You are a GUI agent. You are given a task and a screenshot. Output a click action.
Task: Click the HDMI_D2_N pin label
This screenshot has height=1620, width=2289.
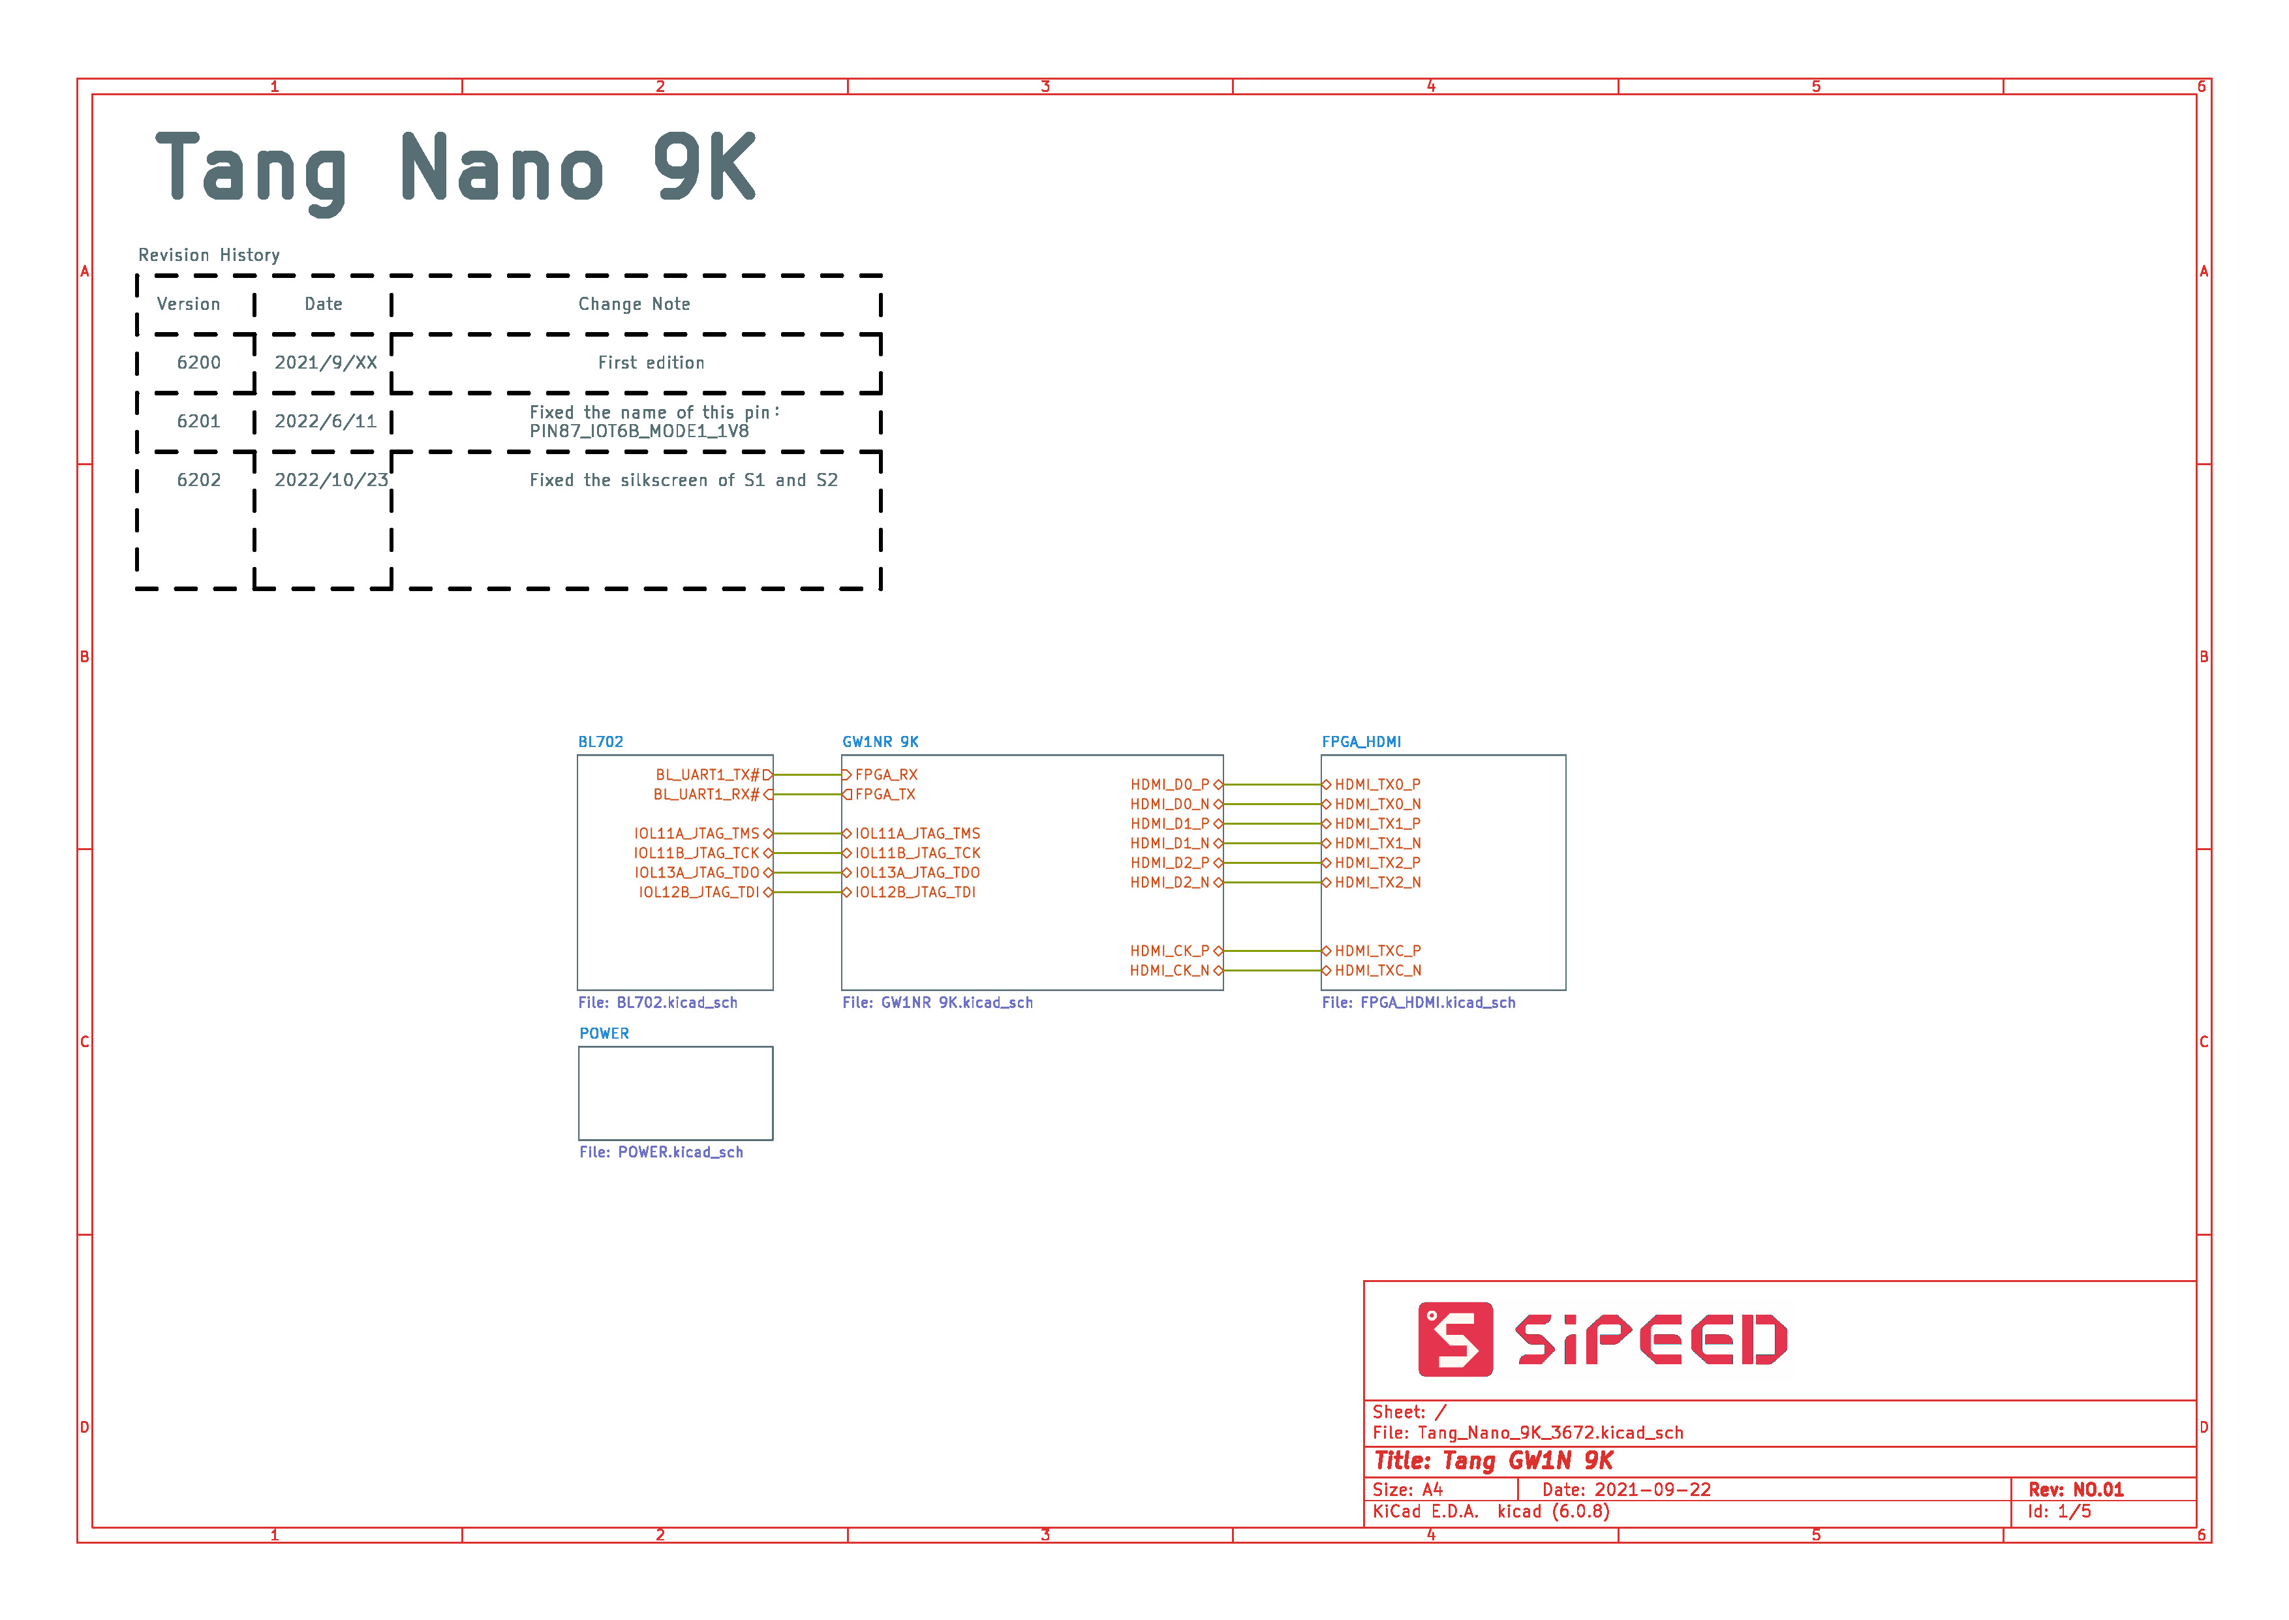pos(1169,883)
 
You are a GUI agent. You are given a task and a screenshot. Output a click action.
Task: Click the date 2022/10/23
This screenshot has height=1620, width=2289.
pos(331,481)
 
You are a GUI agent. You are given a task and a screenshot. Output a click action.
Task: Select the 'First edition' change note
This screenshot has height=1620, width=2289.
pos(651,363)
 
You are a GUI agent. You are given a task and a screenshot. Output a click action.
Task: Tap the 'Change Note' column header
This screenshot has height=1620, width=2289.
pos(634,304)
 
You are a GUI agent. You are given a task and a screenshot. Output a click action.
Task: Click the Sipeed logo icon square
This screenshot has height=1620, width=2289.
pos(1455,1339)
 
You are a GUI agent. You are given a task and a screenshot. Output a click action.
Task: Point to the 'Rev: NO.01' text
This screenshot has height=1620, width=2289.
pos(2076,1490)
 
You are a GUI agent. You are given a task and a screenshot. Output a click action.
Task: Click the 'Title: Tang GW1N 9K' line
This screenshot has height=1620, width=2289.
pos(1493,1461)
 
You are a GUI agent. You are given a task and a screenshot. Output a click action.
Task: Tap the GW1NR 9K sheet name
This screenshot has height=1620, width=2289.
pos(881,742)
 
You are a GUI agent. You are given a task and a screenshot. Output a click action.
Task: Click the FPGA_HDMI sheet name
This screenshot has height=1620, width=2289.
pos(1361,742)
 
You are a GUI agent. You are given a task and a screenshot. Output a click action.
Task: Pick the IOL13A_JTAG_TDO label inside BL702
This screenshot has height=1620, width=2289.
pos(697,873)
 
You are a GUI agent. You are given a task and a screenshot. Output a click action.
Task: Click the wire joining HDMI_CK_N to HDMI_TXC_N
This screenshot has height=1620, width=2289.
pos(1272,971)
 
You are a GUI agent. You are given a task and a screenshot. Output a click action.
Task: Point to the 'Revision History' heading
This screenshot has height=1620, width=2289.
pos(208,255)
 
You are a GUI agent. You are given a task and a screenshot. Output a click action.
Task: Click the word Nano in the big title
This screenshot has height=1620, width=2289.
pos(502,168)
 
